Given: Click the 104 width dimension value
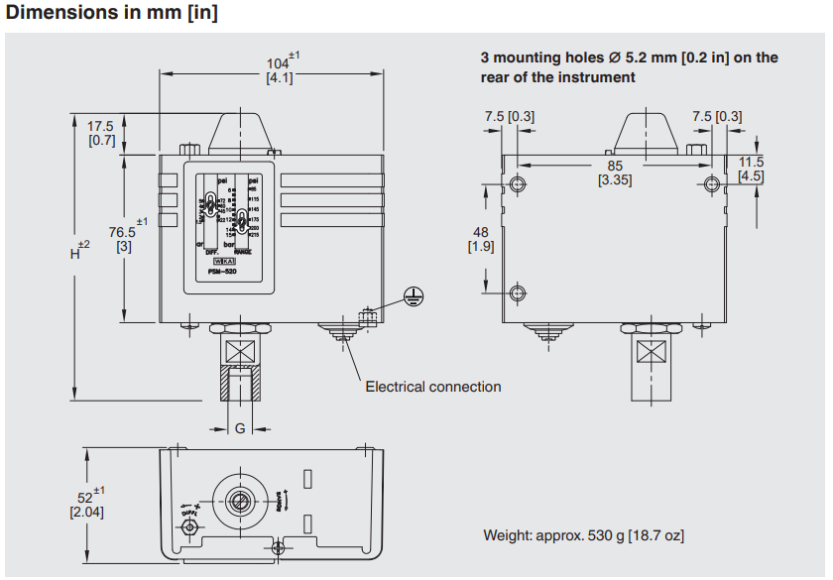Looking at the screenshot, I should coord(279,64).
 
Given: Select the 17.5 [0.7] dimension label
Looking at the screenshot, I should coord(101,133).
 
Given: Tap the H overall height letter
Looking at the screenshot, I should coord(75,253).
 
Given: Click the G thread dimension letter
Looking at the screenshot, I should coord(239,428).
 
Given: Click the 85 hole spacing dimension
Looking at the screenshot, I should coord(615,166).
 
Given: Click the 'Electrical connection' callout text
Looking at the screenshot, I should coord(433,387).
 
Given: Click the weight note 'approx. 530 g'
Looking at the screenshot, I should coord(583,535).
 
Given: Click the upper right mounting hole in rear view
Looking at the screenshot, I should coord(710,184).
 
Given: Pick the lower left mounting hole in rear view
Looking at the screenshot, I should coord(517,292).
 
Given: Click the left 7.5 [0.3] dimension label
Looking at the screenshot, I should coord(509,116).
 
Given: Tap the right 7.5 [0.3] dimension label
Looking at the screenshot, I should coord(716,116).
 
